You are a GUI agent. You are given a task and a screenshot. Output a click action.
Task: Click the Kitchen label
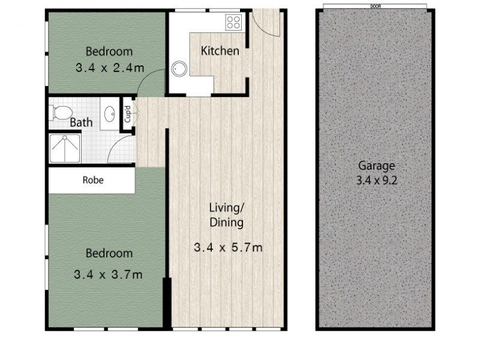[220, 51]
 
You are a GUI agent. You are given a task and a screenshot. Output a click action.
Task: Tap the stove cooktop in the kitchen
[233, 23]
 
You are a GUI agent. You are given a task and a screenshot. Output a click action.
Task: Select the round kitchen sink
[180, 69]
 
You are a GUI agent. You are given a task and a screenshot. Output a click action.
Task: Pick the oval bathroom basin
[110, 113]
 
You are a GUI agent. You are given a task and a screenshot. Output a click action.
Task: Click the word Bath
[82, 123]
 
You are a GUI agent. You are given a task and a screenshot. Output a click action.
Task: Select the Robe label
[93, 179]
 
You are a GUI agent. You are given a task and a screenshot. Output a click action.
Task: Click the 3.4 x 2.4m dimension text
[110, 68]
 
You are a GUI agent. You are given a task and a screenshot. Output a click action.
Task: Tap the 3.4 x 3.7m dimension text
[108, 275]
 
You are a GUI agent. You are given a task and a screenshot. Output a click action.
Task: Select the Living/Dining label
[226, 215]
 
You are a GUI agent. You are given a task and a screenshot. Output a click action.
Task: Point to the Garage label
[377, 166]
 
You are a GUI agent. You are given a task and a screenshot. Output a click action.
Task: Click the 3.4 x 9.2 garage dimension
[377, 179]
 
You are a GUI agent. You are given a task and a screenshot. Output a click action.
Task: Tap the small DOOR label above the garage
[376, 6]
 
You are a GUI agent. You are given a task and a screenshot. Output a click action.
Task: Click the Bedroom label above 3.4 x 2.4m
[109, 52]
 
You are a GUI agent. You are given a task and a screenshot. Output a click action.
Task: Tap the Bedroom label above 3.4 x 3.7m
[108, 253]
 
